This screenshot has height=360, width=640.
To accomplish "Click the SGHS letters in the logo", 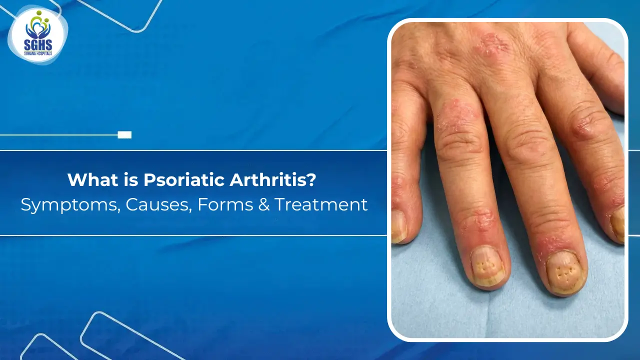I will coord(38,44).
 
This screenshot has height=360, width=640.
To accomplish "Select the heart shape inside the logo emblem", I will coord(38,31).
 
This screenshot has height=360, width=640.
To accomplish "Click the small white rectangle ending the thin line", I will coord(124,134).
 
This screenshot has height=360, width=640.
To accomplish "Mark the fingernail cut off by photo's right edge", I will coord(618,223).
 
